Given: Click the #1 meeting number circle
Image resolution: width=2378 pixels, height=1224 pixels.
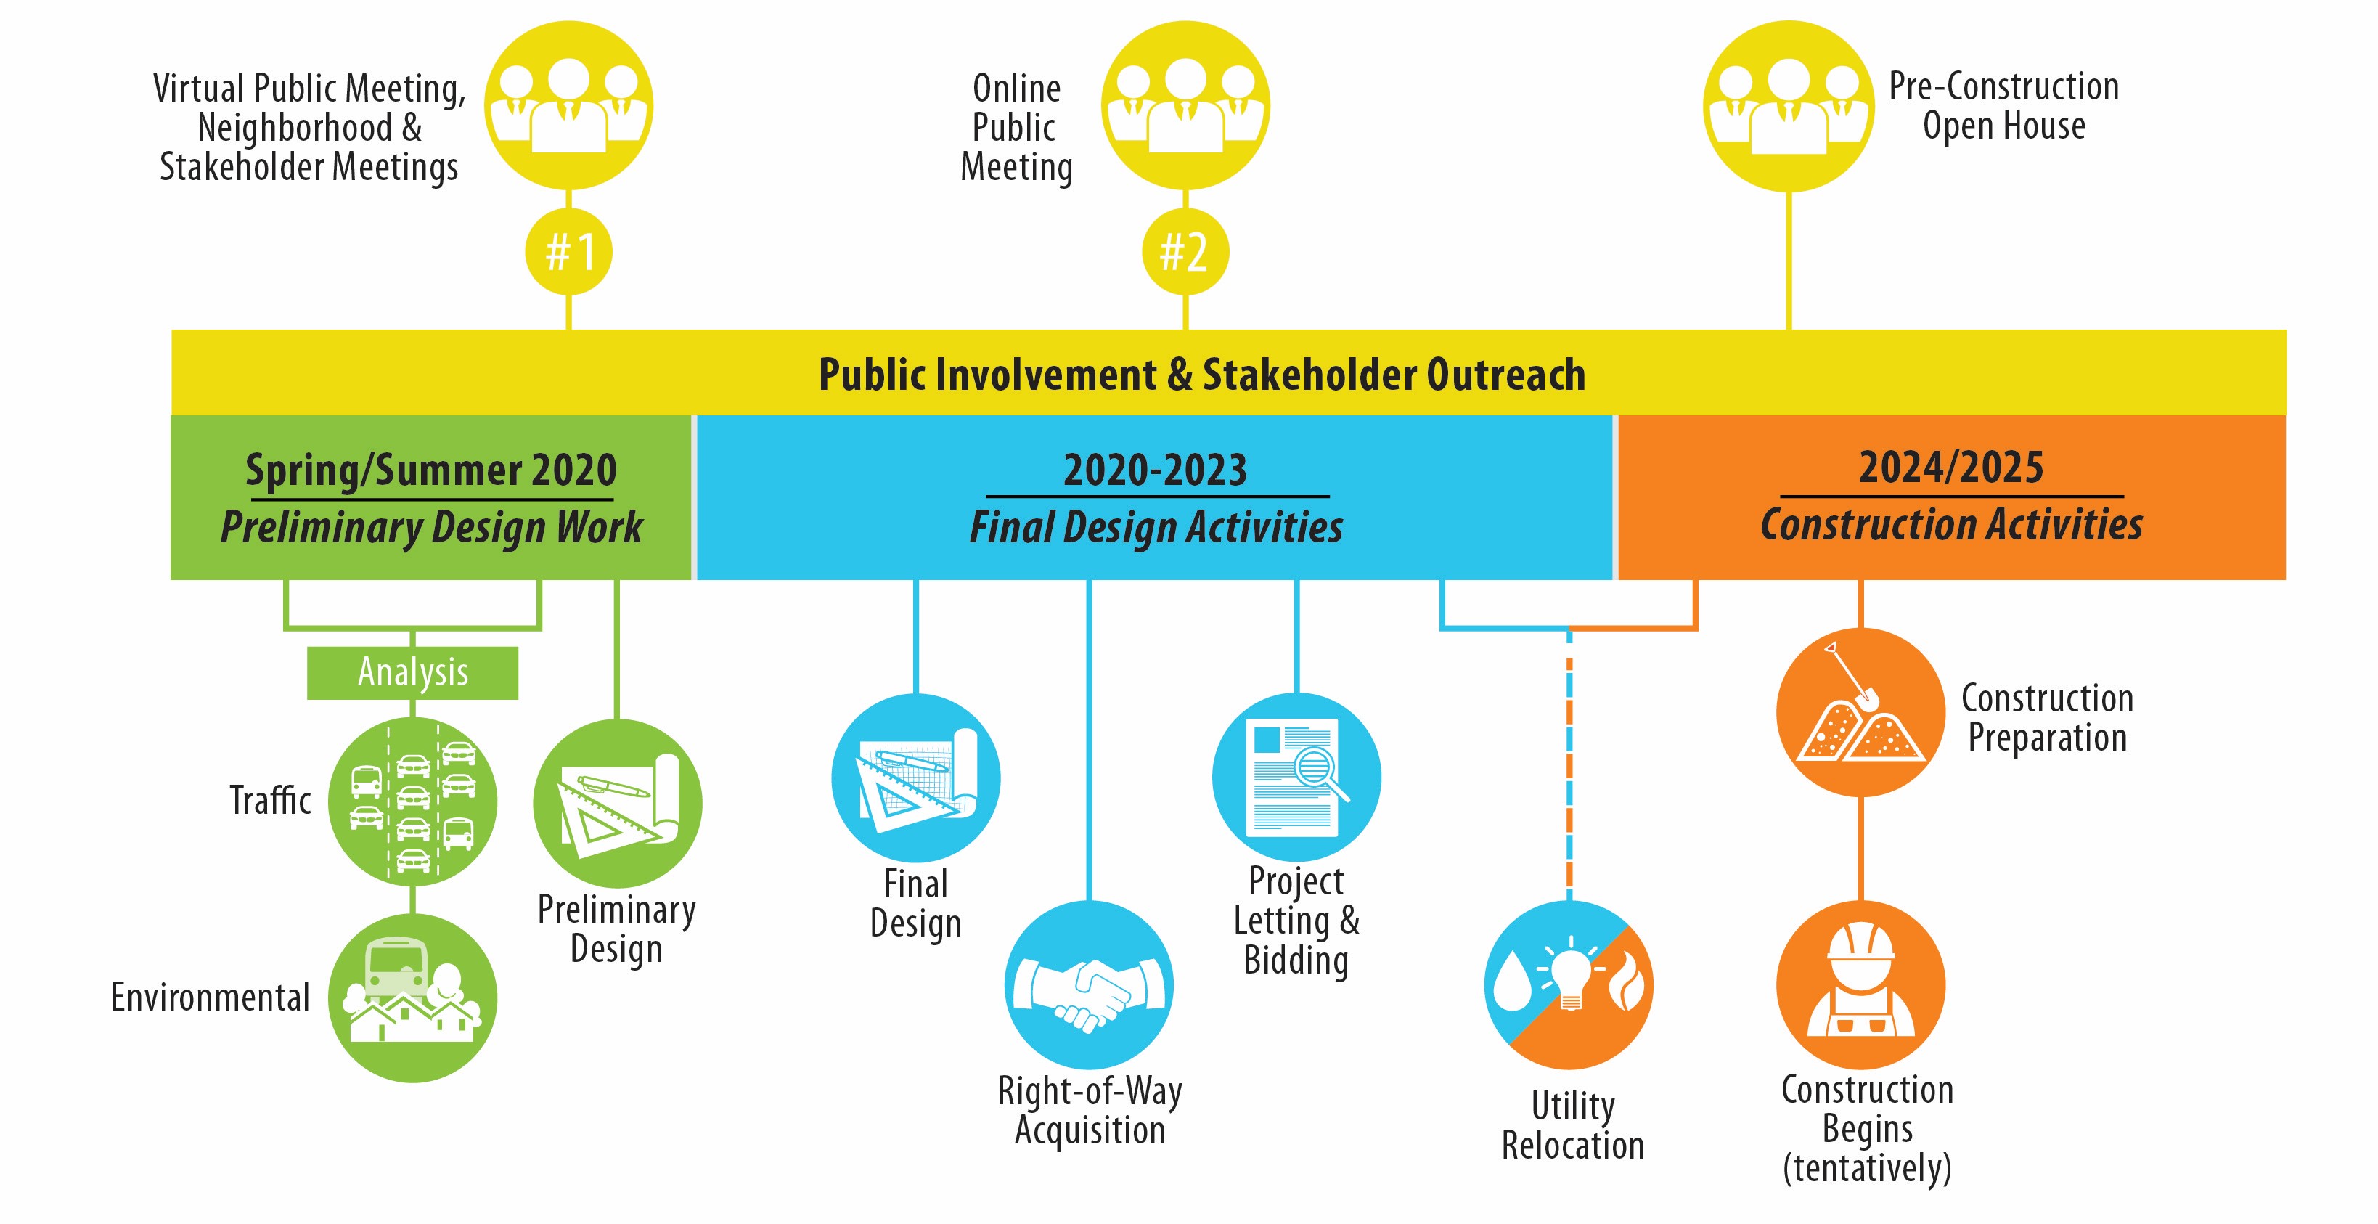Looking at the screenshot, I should (x=568, y=252).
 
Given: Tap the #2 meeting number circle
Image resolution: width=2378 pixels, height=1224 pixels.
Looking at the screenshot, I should (x=1185, y=252).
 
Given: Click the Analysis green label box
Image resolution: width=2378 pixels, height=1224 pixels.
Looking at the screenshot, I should (x=412, y=672).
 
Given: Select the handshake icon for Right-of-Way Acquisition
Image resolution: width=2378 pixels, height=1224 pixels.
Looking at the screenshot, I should (x=1090, y=985).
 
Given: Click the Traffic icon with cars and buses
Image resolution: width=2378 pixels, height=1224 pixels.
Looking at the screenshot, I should (x=412, y=801).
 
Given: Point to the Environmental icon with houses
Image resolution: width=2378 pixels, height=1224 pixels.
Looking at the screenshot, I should (x=412, y=997).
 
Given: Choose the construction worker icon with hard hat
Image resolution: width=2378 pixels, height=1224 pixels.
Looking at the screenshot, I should (x=1860, y=985).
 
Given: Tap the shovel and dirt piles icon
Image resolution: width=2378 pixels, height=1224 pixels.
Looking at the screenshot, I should (x=1860, y=713).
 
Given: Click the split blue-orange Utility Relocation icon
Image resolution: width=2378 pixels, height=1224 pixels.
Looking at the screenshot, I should (x=1569, y=985).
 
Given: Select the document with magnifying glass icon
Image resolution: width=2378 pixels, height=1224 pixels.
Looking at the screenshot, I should (x=1296, y=778).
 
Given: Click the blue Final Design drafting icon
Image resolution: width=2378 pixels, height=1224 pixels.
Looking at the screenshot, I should (x=916, y=778).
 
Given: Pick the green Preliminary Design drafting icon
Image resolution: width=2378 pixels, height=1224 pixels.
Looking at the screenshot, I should (x=617, y=803).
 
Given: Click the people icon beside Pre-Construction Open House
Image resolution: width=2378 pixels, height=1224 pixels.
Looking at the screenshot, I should (x=1788, y=106).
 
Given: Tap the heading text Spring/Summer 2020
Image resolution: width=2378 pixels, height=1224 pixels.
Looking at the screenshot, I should (x=431, y=470).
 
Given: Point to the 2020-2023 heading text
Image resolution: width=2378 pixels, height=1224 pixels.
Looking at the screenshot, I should (x=1155, y=470).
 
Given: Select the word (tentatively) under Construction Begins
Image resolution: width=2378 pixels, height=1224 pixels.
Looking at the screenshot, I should (x=1866, y=1167).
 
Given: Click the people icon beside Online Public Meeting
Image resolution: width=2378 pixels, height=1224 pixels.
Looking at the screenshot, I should (x=1185, y=106).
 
